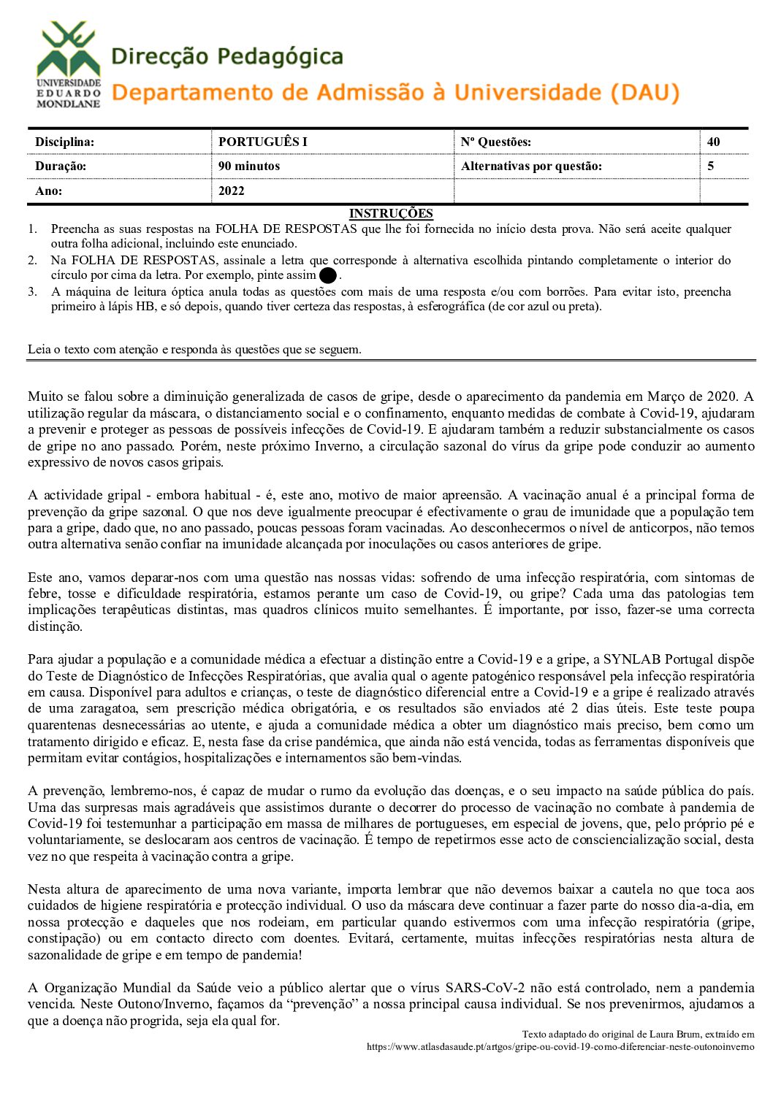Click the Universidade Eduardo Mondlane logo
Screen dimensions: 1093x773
click(x=69, y=64)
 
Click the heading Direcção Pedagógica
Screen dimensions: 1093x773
click(x=226, y=56)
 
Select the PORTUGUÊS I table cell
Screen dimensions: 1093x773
click(x=262, y=142)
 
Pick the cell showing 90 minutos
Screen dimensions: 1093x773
click(x=248, y=166)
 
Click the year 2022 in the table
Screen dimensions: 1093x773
click(x=231, y=191)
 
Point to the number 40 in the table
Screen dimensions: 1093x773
click(x=713, y=142)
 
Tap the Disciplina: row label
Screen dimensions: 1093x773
click(x=64, y=142)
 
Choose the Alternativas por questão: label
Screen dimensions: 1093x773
click(x=531, y=166)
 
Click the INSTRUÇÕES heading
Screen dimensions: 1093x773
click(x=391, y=213)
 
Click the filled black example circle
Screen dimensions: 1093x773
click(x=328, y=276)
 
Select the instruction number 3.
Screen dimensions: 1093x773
click(x=32, y=292)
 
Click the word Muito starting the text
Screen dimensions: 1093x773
click(x=45, y=396)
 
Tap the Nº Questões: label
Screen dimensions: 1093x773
click(x=495, y=142)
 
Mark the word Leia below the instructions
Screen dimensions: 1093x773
click(x=39, y=349)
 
